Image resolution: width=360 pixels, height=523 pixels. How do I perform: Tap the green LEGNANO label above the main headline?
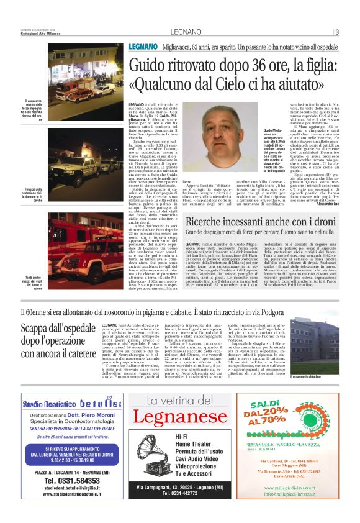142,48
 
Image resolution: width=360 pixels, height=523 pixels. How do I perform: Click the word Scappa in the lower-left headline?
39,329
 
